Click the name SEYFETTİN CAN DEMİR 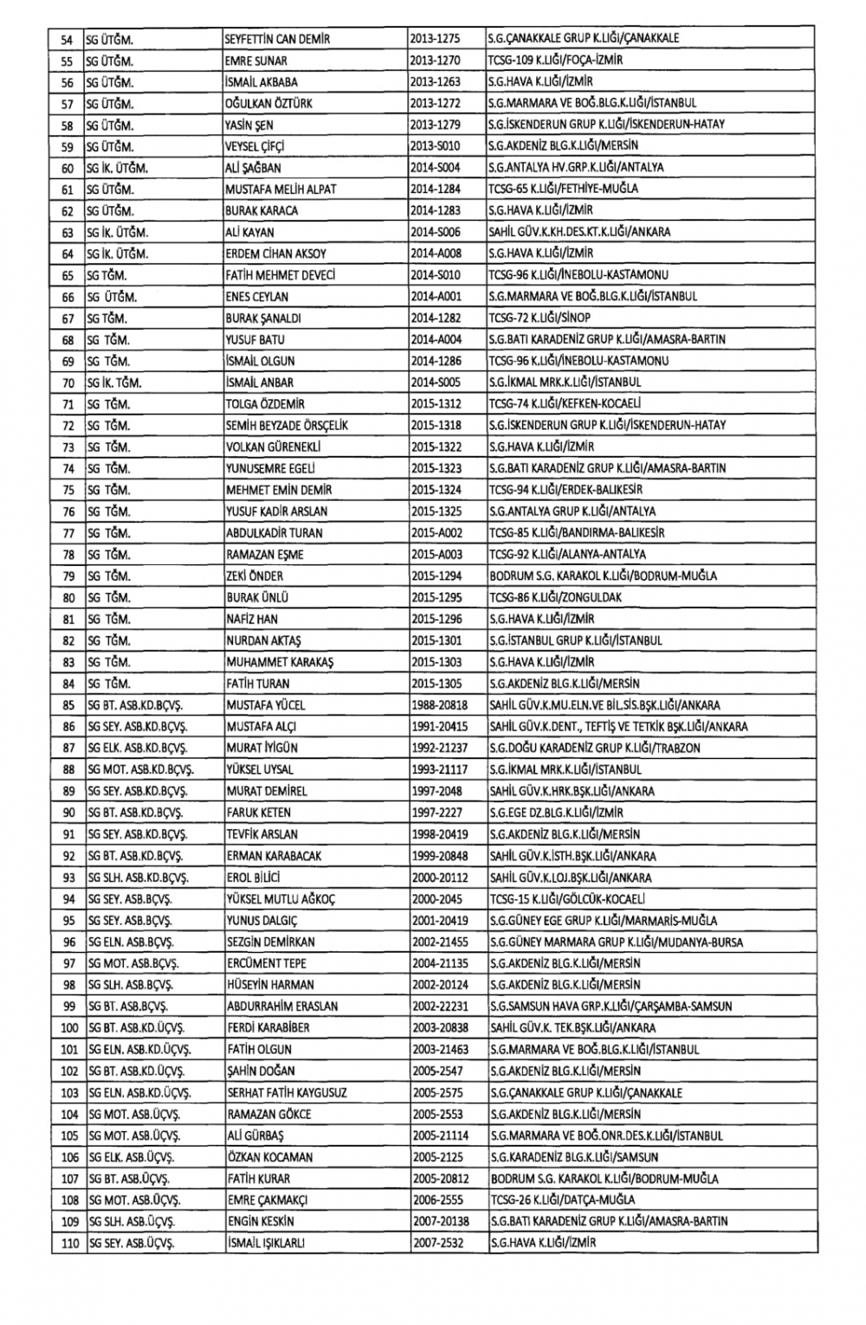click(277, 39)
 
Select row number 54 click(67, 39)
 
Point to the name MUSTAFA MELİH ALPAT click(281, 190)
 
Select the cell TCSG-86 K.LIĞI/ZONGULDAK click(555, 598)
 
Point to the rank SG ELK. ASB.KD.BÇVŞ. click(138, 749)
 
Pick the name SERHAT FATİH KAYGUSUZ click(287, 1093)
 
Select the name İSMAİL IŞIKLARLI click(266, 1244)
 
